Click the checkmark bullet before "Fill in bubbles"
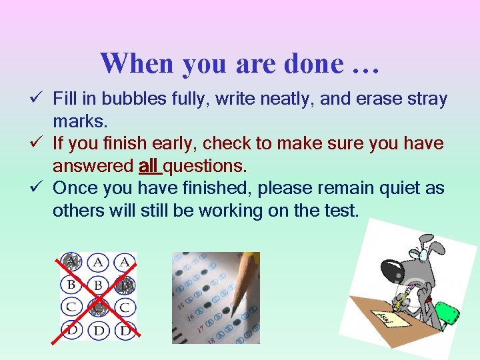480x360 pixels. click(x=41, y=99)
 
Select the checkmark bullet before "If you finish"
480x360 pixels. click(x=41, y=143)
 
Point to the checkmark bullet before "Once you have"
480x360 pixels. click(x=41, y=189)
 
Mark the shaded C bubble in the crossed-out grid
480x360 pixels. click(x=98, y=308)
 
